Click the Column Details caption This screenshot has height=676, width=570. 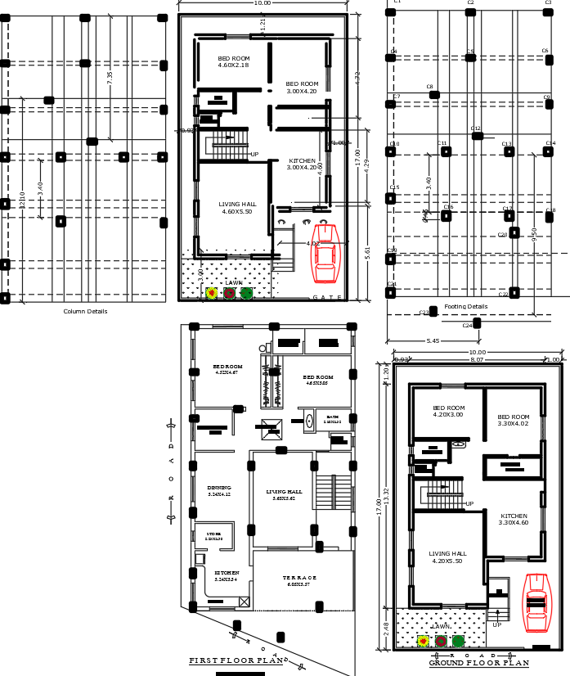(x=85, y=311)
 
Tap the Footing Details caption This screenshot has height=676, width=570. (x=465, y=307)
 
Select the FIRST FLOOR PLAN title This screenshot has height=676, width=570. (x=235, y=660)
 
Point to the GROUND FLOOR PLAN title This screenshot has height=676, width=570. (x=478, y=663)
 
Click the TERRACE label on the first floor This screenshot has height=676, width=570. (x=299, y=578)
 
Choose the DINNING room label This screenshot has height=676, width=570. (x=219, y=488)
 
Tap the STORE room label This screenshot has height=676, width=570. (x=213, y=534)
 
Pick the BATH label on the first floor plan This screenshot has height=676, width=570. (x=332, y=417)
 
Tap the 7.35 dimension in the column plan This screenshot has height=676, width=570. (x=110, y=76)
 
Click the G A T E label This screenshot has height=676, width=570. (x=327, y=297)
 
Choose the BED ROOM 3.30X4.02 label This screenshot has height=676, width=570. (x=514, y=420)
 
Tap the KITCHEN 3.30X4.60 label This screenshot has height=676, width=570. (x=514, y=519)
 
